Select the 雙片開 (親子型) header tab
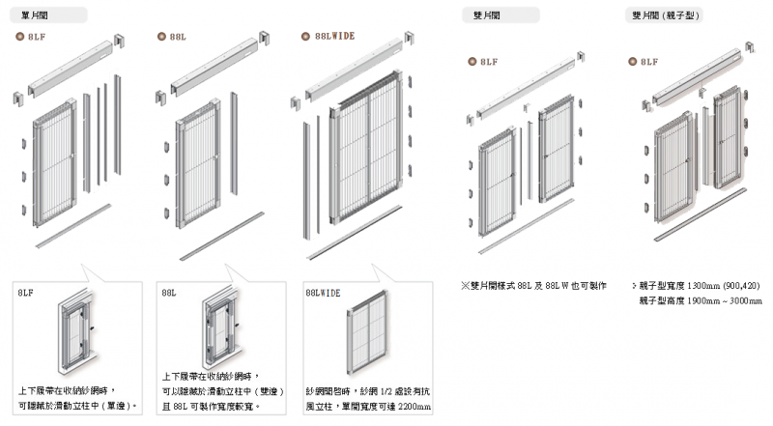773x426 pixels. [x=667, y=15]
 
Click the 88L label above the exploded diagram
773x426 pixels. [x=180, y=36]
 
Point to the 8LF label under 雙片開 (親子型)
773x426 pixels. [x=648, y=62]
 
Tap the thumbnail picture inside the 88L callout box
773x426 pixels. [x=220, y=332]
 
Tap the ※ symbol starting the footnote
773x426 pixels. [x=465, y=286]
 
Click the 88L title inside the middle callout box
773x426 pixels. [x=169, y=292]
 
